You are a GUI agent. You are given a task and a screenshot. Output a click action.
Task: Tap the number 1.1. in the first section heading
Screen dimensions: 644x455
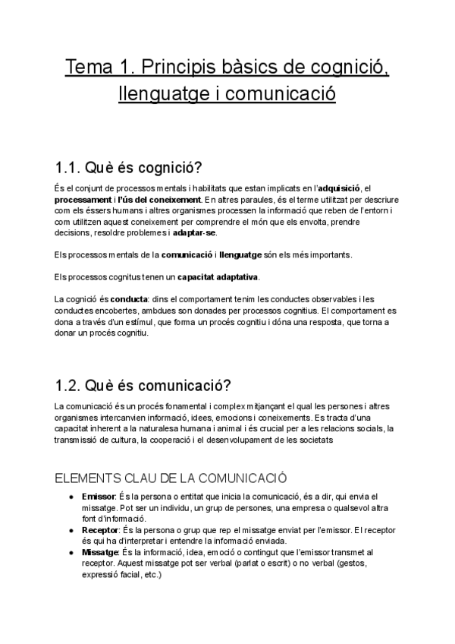[x=72, y=166]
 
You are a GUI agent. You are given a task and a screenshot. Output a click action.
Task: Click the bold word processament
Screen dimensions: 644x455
[x=89, y=199]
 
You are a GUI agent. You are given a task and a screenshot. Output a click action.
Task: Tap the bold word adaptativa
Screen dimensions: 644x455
[x=232, y=276]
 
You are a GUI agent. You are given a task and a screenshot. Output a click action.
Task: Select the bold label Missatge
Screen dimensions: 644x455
[x=101, y=552]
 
